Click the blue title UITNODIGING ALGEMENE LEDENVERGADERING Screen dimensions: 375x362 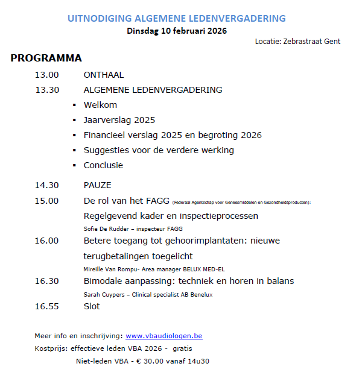click(x=177, y=19)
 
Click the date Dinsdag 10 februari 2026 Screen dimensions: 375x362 click(x=177, y=31)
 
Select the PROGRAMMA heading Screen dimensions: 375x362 click(x=46, y=58)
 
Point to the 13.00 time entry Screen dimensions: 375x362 click(x=47, y=75)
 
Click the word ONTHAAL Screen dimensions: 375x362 click(x=103, y=75)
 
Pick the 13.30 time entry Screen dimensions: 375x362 click(x=47, y=90)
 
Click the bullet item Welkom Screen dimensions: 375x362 click(x=100, y=105)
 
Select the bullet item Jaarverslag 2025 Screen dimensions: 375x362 click(x=119, y=120)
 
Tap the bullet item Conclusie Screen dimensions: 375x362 click(x=103, y=165)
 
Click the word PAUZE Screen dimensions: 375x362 click(x=98, y=185)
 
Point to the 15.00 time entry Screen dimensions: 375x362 click(x=47, y=201)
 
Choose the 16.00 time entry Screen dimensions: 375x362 click(x=47, y=241)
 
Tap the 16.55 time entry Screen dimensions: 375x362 click(x=47, y=306)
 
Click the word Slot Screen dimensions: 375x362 click(x=92, y=306)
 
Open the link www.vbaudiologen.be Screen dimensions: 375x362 click(x=164, y=336)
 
